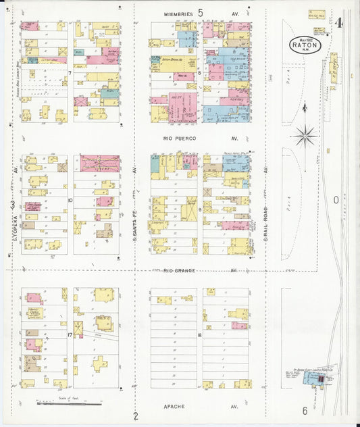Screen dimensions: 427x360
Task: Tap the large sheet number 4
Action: pyautogui.click(x=339, y=23)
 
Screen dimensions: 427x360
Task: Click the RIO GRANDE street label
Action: pyautogui.click(x=178, y=270)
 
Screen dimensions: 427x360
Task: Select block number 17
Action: pyautogui.click(x=70, y=334)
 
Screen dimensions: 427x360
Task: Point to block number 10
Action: pyautogui.click(x=70, y=201)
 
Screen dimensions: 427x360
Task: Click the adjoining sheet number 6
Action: pyautogui.click(x=305, y=411)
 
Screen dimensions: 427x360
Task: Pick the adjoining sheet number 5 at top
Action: pyautogui.click(x=200, y=11)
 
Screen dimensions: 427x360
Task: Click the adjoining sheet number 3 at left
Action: pyautogui.click(x=11, y=204)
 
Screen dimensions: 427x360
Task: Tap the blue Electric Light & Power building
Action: pyautogui.click(x=311, y=381)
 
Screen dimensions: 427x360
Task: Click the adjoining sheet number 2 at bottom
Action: pyautogui.click(x=135, y=416)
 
